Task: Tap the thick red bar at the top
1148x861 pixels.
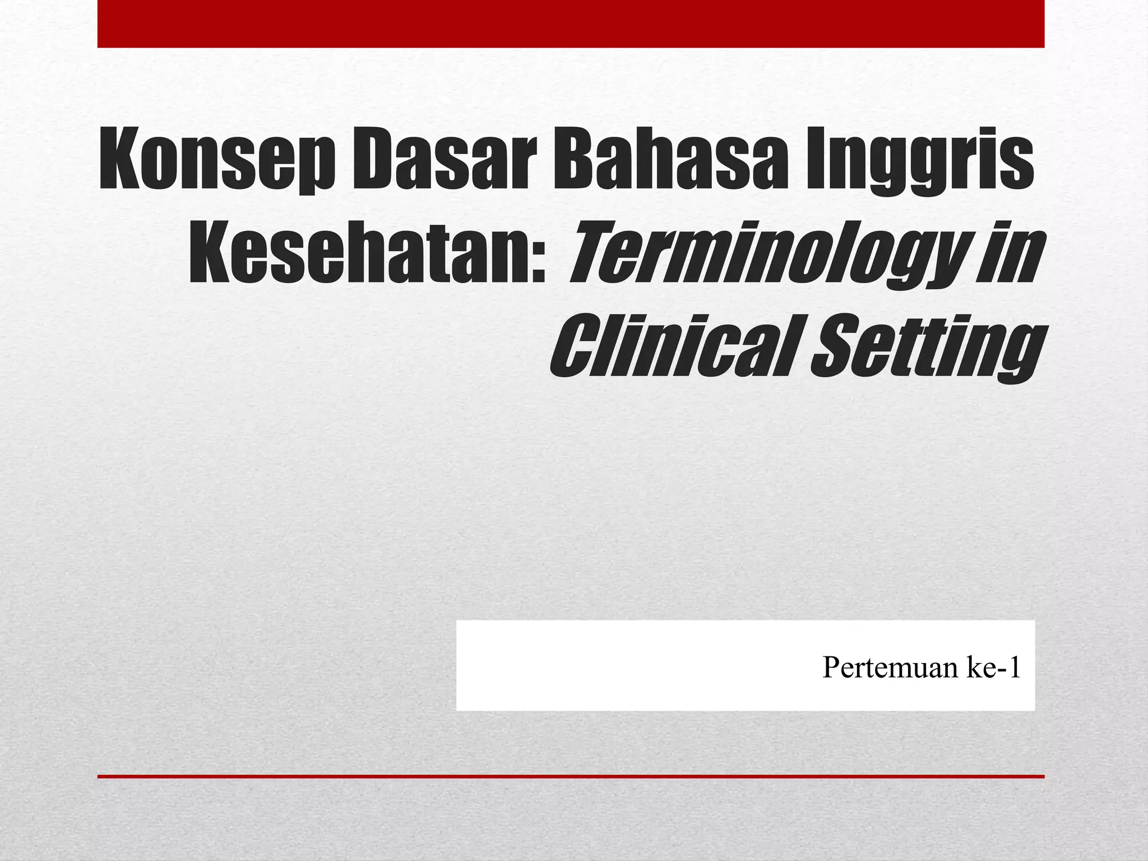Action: (x=571, y=24)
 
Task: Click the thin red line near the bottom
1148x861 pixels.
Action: (x=571, y=776)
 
